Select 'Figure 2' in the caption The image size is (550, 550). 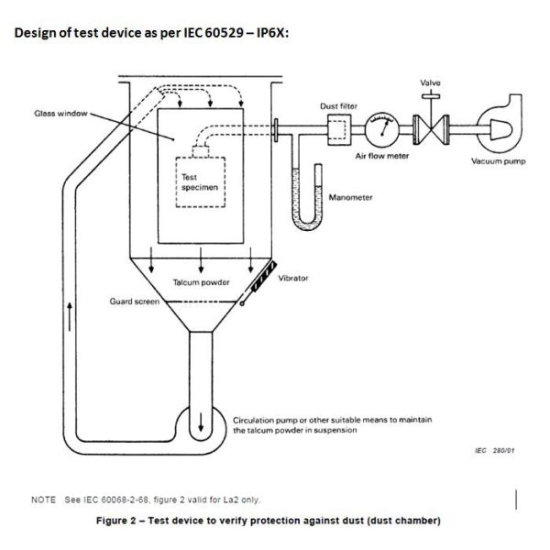pyautogui.click(x=120, y=522)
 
